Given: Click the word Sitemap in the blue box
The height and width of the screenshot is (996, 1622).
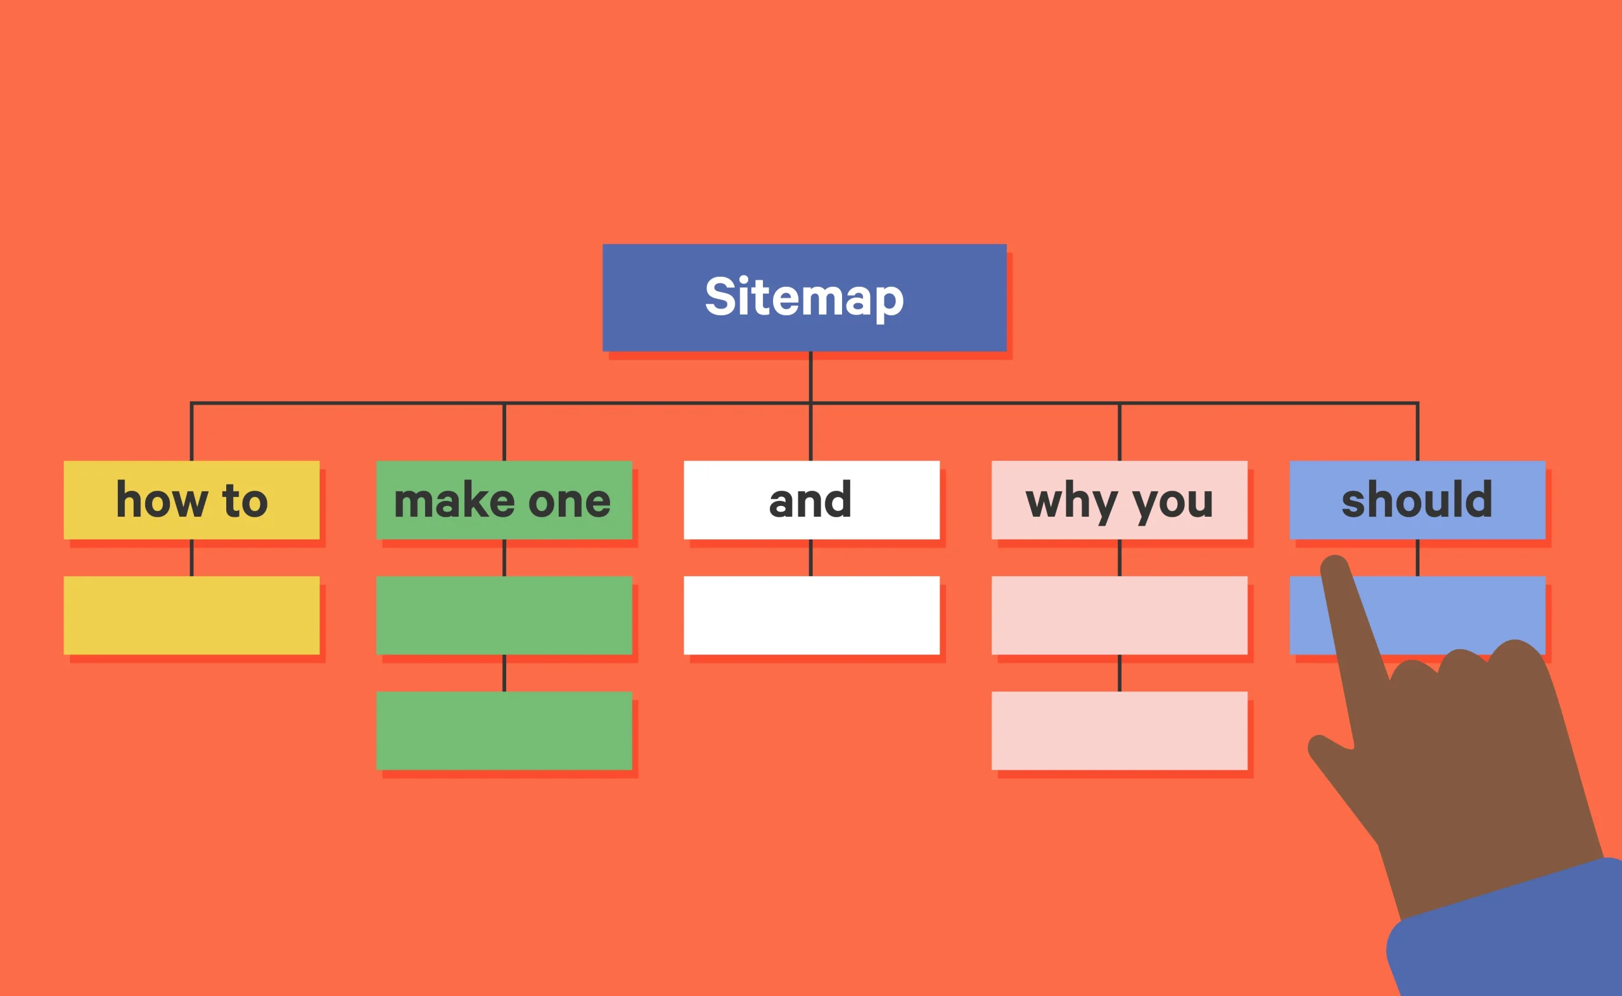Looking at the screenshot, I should click(x=804, y=297).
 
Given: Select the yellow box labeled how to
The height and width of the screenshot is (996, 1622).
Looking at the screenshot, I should click(x=191, y=500).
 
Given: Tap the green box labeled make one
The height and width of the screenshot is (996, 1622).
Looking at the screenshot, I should click(x=504, y=500).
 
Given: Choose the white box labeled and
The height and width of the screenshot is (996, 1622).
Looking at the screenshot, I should click(x=812, y=500).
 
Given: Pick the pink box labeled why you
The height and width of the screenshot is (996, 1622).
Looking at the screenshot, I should click(x=1119, y=500).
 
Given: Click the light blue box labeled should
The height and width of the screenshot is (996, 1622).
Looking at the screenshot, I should click(x=1417, y=500).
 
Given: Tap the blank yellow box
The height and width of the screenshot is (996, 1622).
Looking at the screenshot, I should click(x=191, y=615).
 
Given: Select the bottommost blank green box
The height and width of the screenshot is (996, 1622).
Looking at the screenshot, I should click(x=504, y=731).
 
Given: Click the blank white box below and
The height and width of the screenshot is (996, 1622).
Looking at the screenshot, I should click(x=812, y=615).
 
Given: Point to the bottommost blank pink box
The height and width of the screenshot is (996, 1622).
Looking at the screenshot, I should click(x=1119, y=731).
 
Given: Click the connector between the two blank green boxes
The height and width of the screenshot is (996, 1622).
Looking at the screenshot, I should click(x=504, y=672).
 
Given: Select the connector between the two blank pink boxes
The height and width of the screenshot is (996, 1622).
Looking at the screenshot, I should click(x=1119, y=672).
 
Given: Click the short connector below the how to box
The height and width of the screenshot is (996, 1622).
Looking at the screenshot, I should click(x=192, y=557).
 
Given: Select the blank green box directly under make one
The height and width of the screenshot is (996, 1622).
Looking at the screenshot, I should click(x=504, y=615).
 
